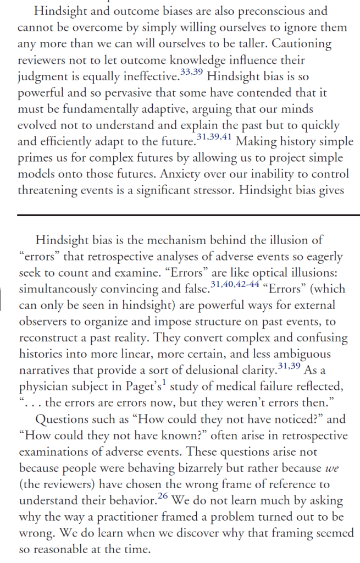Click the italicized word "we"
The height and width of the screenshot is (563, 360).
[x=329, y=468]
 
